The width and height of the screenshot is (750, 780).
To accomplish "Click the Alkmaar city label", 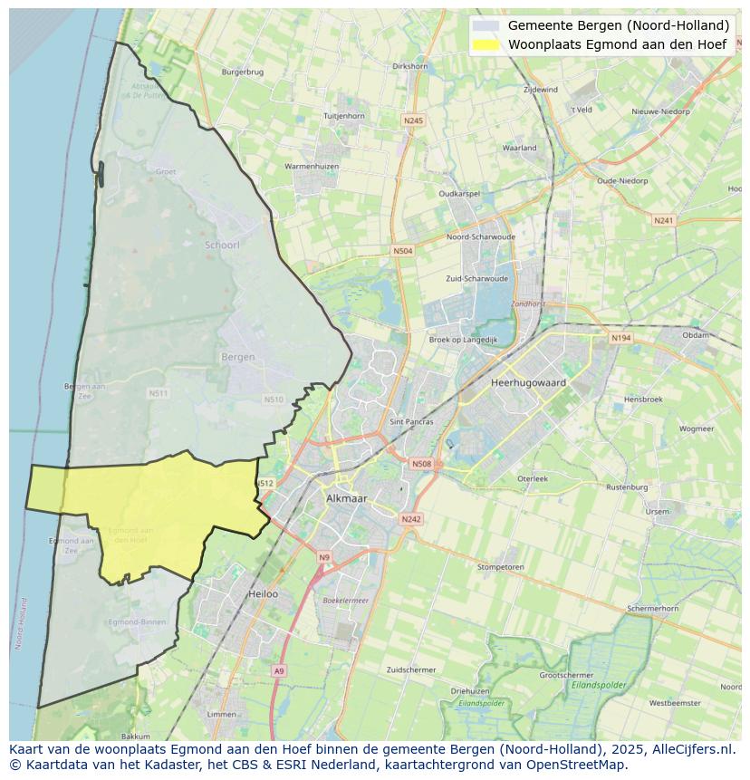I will click(x=345, y=498).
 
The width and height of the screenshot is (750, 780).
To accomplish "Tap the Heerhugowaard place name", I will click(x=528, y=382).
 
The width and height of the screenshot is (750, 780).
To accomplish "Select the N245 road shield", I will click(x=413, y=120).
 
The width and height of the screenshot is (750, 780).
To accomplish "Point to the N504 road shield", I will click(x=402, y=251).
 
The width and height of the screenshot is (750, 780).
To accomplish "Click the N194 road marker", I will click(x=620, y=338).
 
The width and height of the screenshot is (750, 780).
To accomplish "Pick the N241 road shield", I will click(x=664, y=220).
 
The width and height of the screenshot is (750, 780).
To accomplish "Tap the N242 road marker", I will click(x=411, y=519).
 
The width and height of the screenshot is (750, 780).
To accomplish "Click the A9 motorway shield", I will click(x=278, y=670).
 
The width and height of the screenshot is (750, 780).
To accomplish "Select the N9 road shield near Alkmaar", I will click(x=324, y=557).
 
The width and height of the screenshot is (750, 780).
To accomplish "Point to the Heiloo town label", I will click(x=263, y=594).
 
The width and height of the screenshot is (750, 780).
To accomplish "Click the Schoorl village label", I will click(x=222, y=246).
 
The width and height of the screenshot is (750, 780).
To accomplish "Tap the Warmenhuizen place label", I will click(x=312, y=167).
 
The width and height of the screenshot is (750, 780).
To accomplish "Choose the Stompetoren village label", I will click(x=500, y=567).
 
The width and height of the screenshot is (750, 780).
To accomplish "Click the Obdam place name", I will click(x=696, y=335).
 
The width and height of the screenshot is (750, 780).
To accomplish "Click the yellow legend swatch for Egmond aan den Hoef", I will click(x=486, y=43).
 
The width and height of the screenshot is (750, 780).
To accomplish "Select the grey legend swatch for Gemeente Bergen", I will click(x=486, y=25).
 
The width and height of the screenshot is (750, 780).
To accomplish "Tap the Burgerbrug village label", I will click(x=242, y=71).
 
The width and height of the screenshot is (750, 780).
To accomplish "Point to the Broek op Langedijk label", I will click(x=463, y=340).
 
